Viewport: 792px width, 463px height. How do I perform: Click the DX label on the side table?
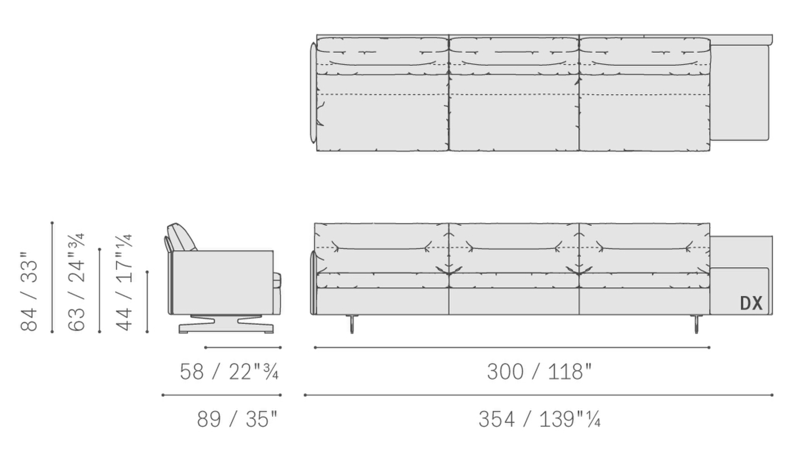751,303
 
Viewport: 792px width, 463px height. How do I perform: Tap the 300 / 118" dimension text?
539,372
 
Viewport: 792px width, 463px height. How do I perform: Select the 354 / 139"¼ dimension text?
540,419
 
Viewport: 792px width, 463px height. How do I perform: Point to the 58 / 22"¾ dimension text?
229,372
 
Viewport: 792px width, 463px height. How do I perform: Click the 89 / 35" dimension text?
237,419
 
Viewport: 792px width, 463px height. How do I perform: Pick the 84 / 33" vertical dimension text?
29,291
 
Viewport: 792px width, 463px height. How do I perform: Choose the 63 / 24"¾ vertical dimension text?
77,282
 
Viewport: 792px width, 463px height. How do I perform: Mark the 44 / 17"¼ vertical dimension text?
124,282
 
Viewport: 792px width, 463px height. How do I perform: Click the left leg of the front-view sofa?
352,324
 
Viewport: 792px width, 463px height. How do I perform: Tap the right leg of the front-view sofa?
696,324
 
